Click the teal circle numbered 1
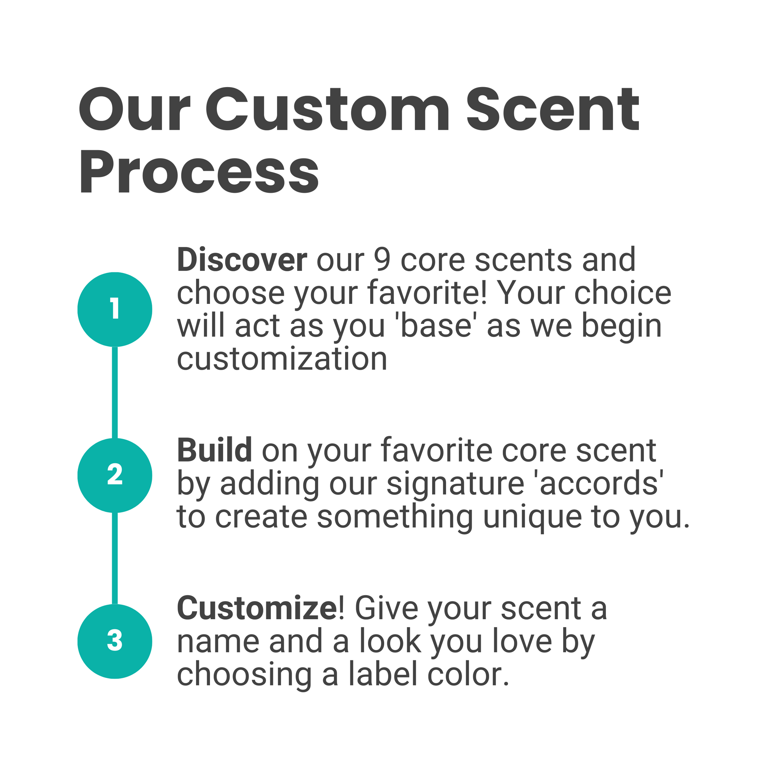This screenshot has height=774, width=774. tap(115, 309)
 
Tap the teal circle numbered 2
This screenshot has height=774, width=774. tap(115, 475)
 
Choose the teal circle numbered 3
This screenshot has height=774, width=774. tap(115, 641)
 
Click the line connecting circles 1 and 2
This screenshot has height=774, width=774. tap(115, 392)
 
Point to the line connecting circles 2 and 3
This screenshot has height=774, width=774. tap(115, 558)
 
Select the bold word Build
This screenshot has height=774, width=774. tap(214, 450)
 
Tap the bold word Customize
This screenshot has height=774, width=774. tap(258, 608)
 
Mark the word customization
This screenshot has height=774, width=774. tap(282, 359)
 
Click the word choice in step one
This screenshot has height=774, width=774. tap(623, 293)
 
